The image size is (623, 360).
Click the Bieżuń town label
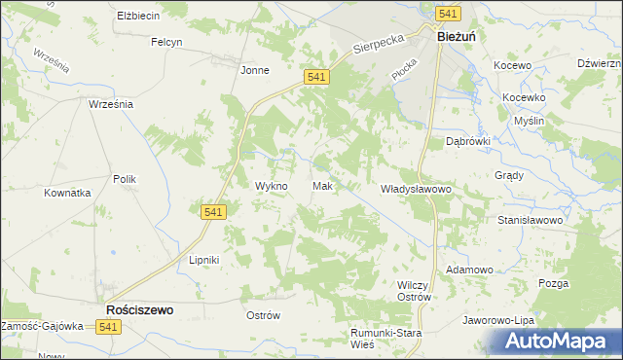pyautogui.click(x=456, y=36)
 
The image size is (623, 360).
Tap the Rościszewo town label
pyautogui.click(x=138, y=310)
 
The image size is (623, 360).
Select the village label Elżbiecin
pyautogui.click(x=138, y=17)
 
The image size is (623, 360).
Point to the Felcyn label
pyautogui.click(x=167, y=42)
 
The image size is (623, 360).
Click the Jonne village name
pyautogui.click(x=254, y=70)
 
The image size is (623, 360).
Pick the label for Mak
pyautogui.click(x=324, y=186)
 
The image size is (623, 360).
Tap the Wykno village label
pyautogui.click(x=271, y=186)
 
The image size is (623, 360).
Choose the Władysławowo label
pyautogui.click(x=417, y=188)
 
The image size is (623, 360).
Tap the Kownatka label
pyautogui.click(x=67, y=193)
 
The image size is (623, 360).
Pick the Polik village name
pyautogui.click(x=125, y=179)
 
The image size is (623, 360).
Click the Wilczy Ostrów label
pyautogui.click(x=414, y=290)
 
